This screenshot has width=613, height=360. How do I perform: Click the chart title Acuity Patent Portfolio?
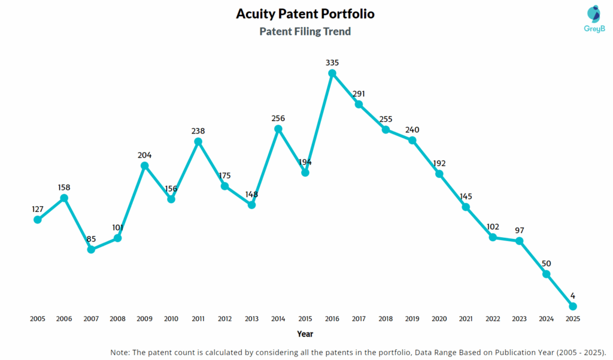pos(305,13)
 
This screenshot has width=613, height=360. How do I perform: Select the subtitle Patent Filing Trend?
pos(305,31)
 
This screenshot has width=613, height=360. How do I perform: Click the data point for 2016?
pos(332,73)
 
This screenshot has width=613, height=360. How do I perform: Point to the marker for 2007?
pos(91,249)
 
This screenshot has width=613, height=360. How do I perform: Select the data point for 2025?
pos(573,306)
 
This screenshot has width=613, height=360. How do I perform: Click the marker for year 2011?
pos(198,141)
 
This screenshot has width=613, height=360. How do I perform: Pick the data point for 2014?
pos(278,129)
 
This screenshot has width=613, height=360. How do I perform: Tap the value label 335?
pos(332,62)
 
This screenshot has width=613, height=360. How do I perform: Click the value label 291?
pos(359,93)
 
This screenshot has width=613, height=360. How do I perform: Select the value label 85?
pos(91,238)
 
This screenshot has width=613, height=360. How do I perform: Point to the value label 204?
pos(144,155)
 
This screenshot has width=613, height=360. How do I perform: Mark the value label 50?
pos(546,264)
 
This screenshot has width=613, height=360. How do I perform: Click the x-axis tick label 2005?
pos(38,319)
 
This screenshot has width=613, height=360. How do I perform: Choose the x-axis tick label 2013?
pos(251,319)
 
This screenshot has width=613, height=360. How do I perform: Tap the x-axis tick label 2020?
pos(439,319)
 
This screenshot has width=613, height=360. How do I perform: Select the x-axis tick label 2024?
pos(546,319)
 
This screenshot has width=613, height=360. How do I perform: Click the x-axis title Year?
pos(305,334)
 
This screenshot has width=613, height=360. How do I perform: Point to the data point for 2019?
pos(412,140)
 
